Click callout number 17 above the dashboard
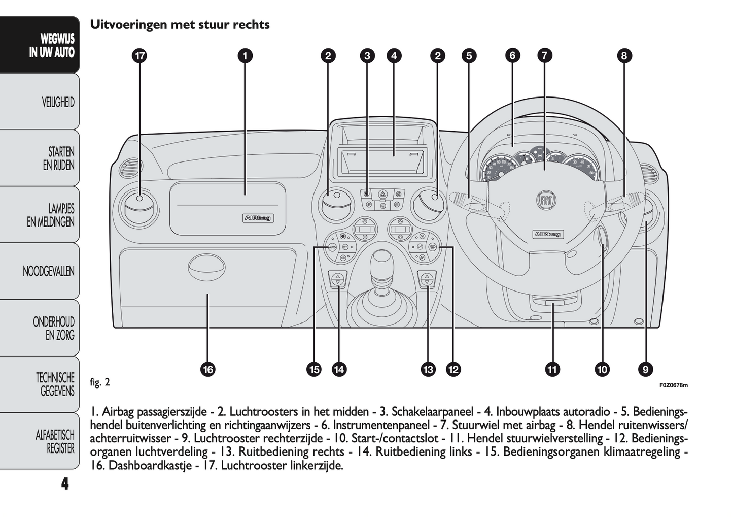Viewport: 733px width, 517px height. (x=139, y=56)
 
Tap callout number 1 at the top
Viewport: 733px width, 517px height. (x=245, y=56)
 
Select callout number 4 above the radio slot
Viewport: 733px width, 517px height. (x=394, y=56)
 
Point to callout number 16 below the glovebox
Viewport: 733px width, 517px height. (x=207, y=369)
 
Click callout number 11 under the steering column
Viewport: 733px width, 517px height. (x=552, y=369)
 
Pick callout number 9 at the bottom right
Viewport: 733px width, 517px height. (x=645, y=369)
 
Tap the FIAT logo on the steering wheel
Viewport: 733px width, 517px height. (x=546, y=201)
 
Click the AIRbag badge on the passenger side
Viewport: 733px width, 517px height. (x=258, y=218)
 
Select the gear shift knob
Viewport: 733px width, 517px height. (x=381, y=260)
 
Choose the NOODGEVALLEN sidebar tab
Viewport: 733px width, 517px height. (x=49, y=271)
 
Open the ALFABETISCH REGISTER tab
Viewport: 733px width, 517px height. (x=55, y=441)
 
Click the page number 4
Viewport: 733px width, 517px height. (x=65, y=483)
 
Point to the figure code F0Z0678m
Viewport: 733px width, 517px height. (x=674, y=385)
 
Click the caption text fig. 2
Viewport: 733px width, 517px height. (x=100, y=382)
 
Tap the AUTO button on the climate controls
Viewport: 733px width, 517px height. (x=332, y=247)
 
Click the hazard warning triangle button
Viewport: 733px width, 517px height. (x=383, y=193)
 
